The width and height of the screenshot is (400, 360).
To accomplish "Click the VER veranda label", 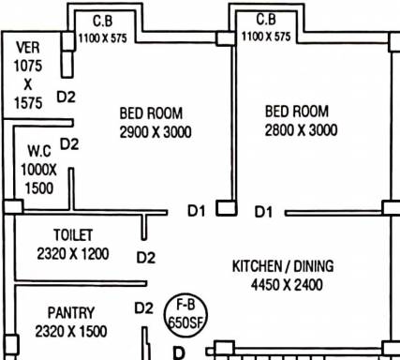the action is coord(28,48).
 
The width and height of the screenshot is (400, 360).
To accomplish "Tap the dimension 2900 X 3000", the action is coord(156,132).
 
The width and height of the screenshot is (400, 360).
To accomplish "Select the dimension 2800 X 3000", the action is coord(301,130).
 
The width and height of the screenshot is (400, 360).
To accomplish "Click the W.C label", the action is coord(39,151).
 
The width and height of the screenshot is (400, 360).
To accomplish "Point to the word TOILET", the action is coord(73,235).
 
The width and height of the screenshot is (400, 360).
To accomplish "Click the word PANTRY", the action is coord(71,313).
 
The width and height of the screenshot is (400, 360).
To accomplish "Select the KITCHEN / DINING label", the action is coord(283,266).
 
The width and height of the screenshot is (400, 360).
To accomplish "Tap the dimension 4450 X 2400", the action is coord(287,285).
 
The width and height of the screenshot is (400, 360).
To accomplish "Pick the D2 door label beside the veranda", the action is coord(67,97).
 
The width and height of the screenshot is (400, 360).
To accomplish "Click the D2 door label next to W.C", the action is coord(69,144).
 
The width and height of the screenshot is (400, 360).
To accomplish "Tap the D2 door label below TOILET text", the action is coord(146,258).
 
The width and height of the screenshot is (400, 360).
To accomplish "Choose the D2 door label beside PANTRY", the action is coord(143,308).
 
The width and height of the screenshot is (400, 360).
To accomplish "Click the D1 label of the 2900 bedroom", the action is coord(197,211).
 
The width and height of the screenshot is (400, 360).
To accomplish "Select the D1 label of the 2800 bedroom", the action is coord(263,212).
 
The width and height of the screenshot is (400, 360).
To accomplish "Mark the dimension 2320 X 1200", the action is coord(73,254).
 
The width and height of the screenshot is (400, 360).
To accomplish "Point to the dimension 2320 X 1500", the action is coord(71,331).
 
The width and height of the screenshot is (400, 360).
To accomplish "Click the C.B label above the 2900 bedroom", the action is coord(103,22).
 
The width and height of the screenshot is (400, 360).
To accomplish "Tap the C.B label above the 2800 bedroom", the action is coord(266,20).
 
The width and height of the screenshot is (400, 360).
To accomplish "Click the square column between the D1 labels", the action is coord(227,208).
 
